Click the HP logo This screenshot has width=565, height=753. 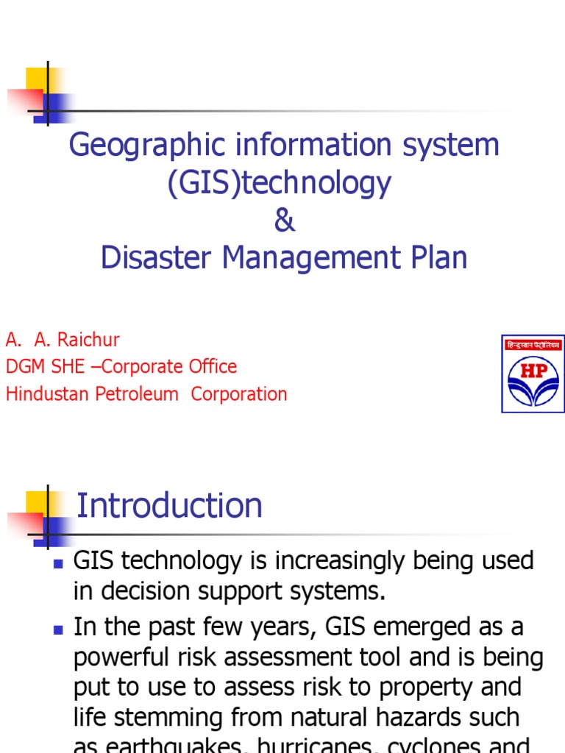tap(533, 374)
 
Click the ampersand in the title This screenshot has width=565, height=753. tap(284, 221)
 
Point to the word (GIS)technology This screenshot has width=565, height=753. tap(280, 183)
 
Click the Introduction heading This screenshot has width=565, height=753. tap(169, 506)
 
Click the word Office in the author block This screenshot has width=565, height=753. tap(212, 367)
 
